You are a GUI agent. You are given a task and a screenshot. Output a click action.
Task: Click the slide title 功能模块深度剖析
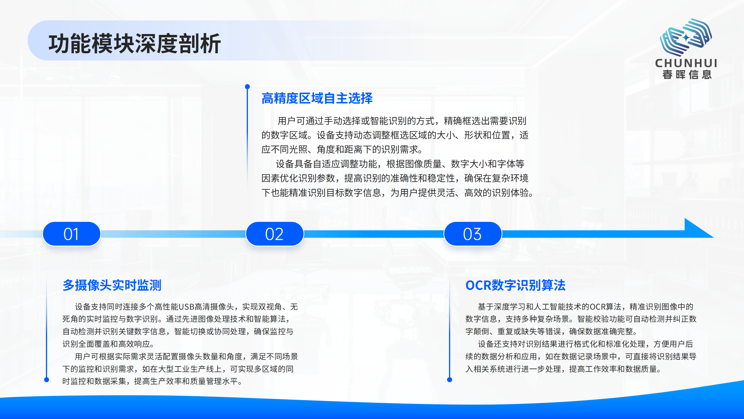tap(135, 44)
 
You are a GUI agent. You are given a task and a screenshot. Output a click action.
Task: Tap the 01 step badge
tap(71, 234)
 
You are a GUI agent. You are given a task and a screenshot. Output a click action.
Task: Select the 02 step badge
tap(275, 234)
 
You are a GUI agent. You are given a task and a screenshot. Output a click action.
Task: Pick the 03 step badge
tap(473, 234)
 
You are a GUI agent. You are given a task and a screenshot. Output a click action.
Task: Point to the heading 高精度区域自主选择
tap(317, 98)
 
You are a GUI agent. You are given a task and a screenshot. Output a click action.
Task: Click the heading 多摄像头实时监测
tap(112, 285)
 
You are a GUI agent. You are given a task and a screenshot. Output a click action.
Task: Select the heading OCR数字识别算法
tap(515, 285)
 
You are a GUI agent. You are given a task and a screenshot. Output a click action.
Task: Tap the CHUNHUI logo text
tap(686, 63)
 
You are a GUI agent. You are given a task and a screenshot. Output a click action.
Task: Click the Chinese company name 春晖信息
tap(687, 75)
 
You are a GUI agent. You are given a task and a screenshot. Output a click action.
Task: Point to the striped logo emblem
tap(686, 37)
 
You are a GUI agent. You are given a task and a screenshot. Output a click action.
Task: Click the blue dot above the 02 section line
tap(247, 87)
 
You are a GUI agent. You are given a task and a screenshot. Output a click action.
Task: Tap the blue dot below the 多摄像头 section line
tap(46, 379)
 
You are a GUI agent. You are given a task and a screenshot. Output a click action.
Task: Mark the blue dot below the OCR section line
tap(450, 379)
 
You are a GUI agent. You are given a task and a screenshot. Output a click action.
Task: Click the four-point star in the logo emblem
tap(686, 37)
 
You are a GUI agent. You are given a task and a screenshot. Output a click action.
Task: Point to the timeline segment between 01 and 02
tap(173, 234)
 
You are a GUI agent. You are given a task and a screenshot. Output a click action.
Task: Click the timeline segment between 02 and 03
tap(373, 234)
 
